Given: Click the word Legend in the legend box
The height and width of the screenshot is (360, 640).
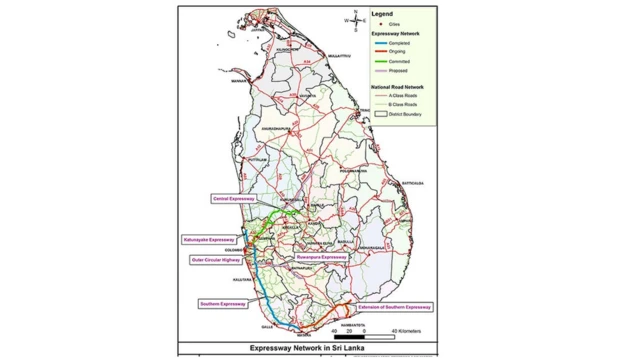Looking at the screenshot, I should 385,15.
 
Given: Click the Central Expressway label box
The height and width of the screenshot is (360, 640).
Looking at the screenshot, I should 234,199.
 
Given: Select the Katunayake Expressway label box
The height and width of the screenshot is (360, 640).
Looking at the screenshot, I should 208,240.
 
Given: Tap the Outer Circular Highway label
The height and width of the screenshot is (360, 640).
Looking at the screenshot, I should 214,259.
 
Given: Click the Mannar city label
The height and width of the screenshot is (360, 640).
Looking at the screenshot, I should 237,79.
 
